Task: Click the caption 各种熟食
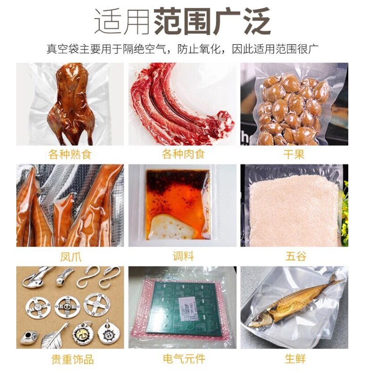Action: click(x=70, y=154)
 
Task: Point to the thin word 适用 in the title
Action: click(x=122, y=21)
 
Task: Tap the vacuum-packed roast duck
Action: click(x=74, y=102)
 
